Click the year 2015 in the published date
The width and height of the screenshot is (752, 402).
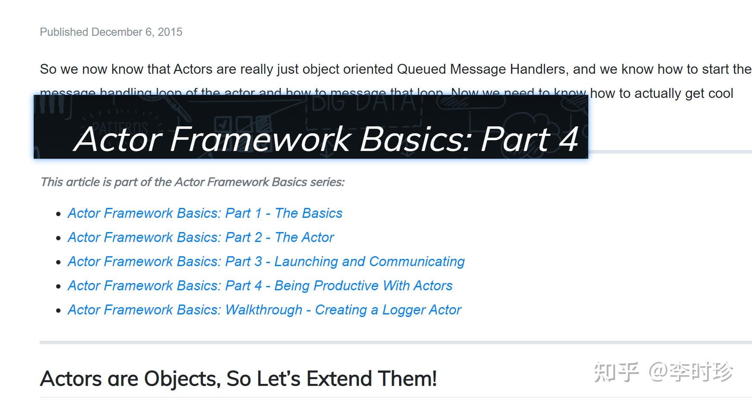170,32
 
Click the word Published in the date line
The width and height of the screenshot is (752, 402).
64,32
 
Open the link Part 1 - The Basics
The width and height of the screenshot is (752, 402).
205,213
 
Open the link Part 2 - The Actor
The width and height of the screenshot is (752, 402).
200,237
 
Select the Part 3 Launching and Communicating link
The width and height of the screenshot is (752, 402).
266,261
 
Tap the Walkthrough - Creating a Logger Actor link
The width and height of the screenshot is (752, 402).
264,310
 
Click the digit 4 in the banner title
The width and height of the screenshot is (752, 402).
568,139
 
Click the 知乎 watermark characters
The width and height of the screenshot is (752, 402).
616,372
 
